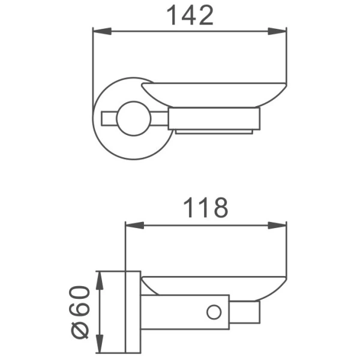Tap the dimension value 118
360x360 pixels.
(x=206, y=208)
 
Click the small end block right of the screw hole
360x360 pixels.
(x=247, y=312)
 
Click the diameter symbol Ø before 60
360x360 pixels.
(x=83, y=330)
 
